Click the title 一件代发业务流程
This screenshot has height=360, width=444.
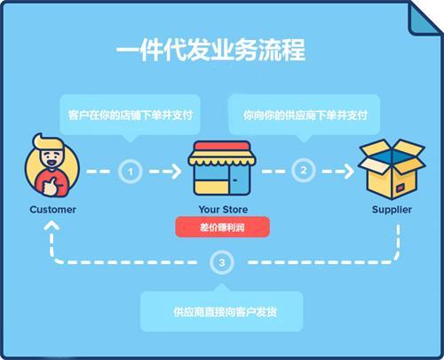(x=210, y=50)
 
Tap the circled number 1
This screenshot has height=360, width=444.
(x=131, y=172)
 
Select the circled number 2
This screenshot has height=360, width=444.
(x=304, y=170)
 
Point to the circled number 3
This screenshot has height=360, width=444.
(x=222, y=262)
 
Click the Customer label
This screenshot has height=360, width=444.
(x=52, y=210)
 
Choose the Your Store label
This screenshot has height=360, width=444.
(x=223, y=210)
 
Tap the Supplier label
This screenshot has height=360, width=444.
(x=392, y=210)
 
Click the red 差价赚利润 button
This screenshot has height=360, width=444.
(x=222, y=228)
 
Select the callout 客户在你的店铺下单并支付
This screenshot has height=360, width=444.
(x=131, y=115)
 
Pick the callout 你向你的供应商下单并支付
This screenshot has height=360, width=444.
(x=305, y=115)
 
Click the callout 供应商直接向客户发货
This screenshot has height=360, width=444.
(x=222, y=311)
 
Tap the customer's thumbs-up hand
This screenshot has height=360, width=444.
(x=51, y=187)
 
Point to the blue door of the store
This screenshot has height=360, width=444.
(x=240, y=180)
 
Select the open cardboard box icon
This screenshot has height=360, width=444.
(x=392, y=169)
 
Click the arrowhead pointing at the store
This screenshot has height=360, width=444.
(x=177, y=172)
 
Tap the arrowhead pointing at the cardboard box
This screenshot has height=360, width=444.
(x=349, y=171)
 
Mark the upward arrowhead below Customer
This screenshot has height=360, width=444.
(x=52, y=226)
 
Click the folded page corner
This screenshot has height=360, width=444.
(x=423, y=19)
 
